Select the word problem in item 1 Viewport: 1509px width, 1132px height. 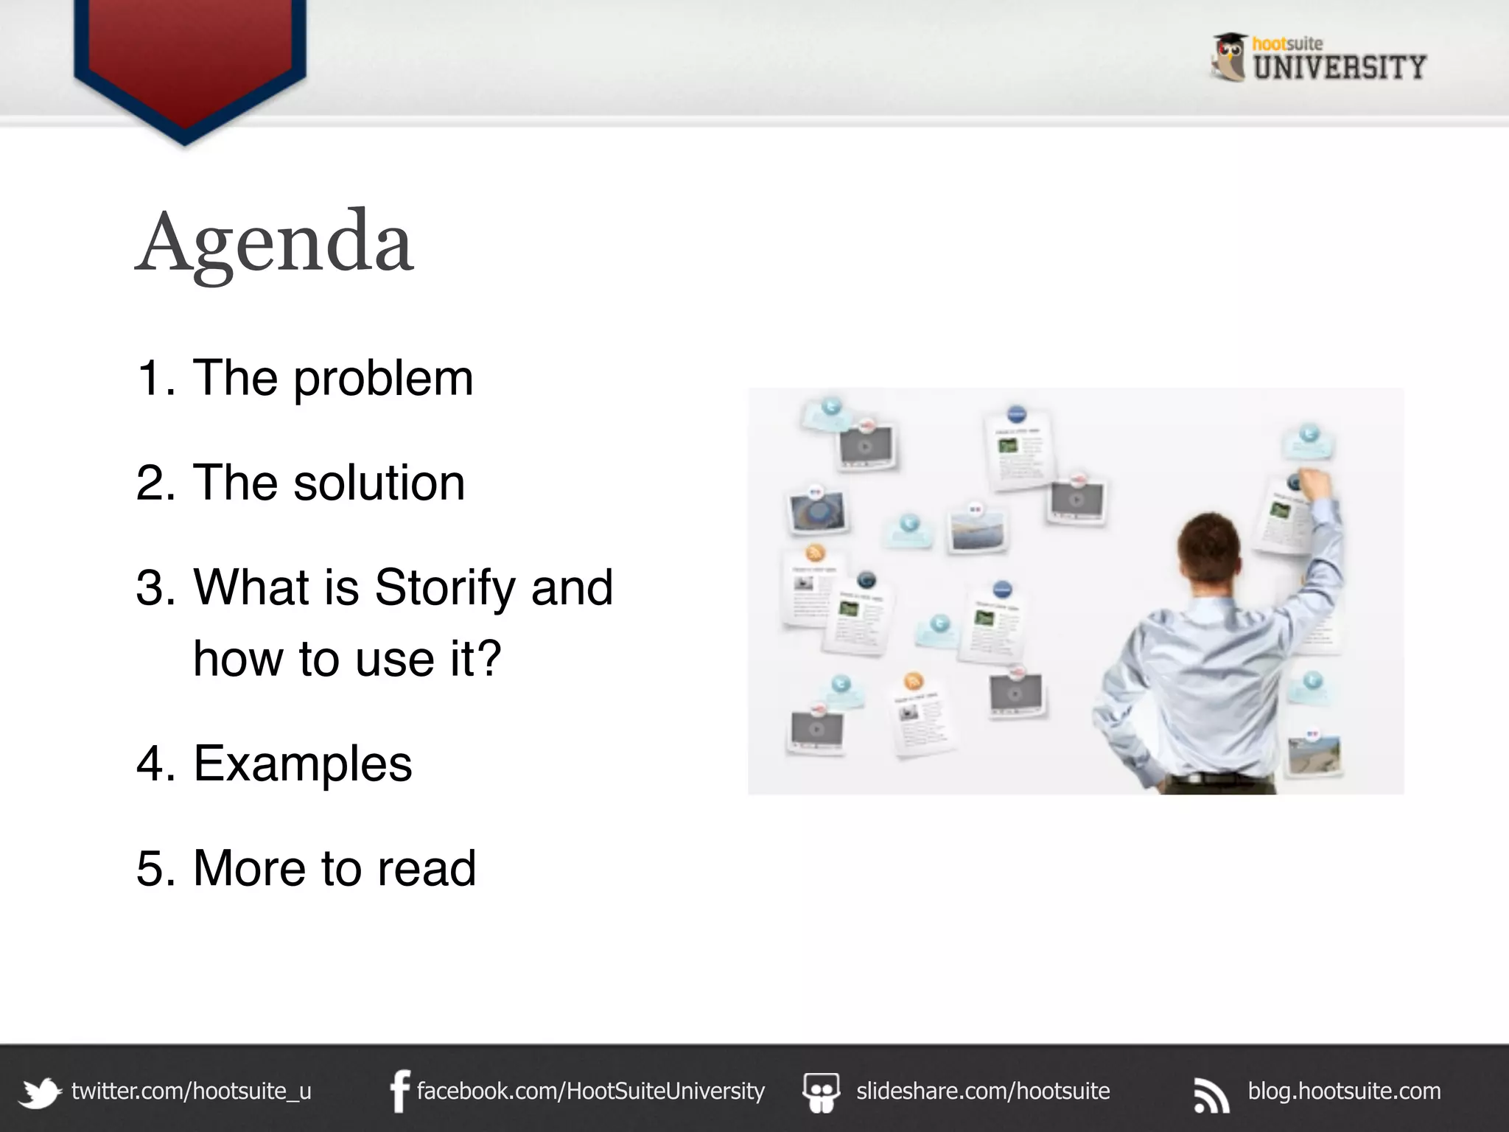(383, 378)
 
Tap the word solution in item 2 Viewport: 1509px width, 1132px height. (379, 483)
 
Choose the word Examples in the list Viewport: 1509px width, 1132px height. (302, 764)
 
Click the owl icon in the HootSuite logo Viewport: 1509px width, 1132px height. (1229, 57)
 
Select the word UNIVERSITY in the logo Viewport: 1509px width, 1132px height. (1340, 68)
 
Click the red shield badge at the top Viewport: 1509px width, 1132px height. (190, 59)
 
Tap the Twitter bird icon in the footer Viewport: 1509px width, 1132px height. (40, 1092)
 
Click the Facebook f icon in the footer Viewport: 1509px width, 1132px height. (399, 1091)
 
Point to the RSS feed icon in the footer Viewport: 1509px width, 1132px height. (1211, 1094)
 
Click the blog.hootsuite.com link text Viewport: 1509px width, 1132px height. (1344, 1091)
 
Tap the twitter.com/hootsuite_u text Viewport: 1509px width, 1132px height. (192, 1091)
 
